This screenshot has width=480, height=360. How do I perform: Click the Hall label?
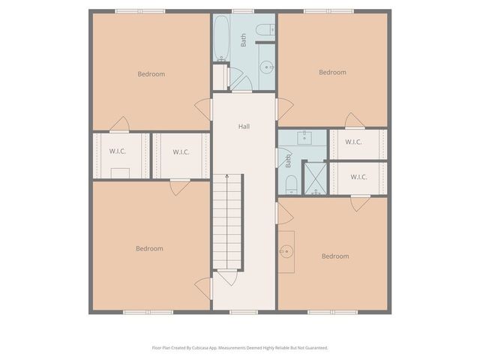point(244,127)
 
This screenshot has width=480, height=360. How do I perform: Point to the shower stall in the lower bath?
point(315,180)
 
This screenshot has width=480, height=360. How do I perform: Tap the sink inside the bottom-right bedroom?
point(286,250)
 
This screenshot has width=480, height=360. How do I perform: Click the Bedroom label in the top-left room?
point(151,74)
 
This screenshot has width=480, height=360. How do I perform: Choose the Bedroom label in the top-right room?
point(332,73)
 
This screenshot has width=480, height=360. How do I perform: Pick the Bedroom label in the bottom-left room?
point(149,248)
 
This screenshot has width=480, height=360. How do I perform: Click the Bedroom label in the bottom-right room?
point(334,256)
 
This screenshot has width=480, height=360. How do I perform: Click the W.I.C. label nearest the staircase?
point(181,152)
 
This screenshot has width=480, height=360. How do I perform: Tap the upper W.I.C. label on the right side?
point(355,142)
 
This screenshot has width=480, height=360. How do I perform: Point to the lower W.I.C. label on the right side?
point(358,178)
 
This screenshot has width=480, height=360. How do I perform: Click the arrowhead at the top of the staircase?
point(228,176)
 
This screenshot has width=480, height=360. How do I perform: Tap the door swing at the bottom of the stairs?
point(228,277)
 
